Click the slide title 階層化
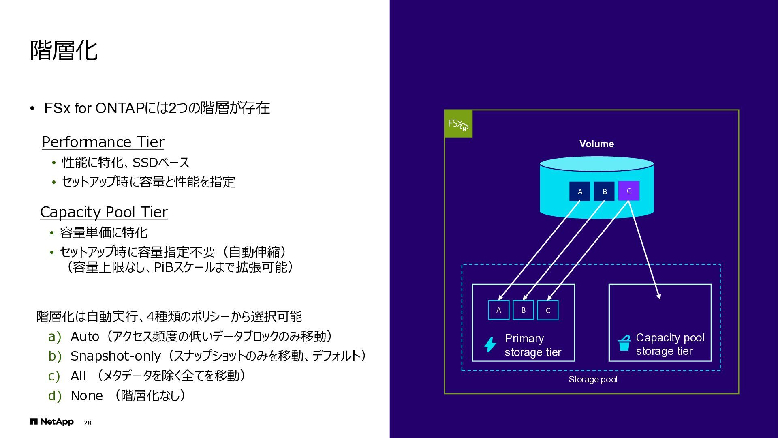64,50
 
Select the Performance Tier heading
103,142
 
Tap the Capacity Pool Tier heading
104,212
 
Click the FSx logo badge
458,124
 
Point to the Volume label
596,144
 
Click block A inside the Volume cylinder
580,191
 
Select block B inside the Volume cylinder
605,191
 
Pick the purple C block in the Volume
629,191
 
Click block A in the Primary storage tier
499,310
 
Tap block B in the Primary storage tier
524,310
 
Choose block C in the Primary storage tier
548,310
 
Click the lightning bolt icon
490,345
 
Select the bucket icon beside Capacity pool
624,344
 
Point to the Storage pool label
593,380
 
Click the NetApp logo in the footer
51,422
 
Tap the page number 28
88,423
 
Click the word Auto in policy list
85,337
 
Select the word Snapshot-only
115,356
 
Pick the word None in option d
87,396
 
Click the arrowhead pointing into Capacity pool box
659,296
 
